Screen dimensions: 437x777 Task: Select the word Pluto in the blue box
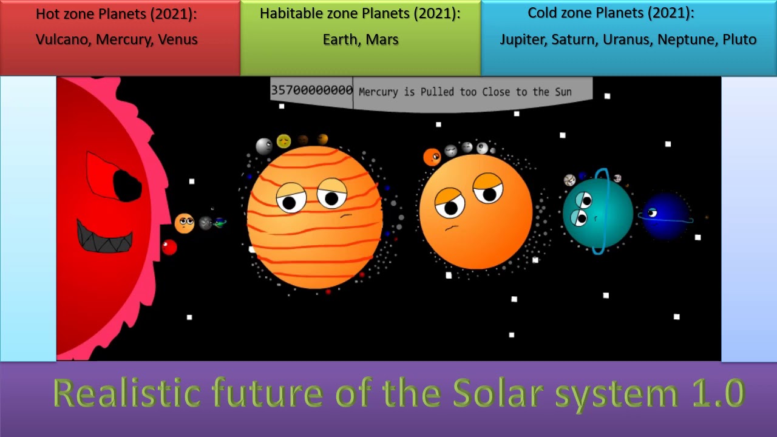tap(739, 40)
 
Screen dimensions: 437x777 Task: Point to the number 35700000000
tap(311, 90)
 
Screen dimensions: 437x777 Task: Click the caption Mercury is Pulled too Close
tap(465, 92)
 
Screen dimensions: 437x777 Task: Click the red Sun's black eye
tap(127, 185)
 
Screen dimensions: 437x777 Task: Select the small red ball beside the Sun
tap(169, 247)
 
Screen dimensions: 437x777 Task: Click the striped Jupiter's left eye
tap(291, 198)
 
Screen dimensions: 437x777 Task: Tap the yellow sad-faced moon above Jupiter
tap(283, 141)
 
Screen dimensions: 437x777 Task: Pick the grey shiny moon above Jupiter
tap(264, 146)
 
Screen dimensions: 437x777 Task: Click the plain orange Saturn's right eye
tap(488, 189)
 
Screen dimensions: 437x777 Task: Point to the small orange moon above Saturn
tap(432, 157)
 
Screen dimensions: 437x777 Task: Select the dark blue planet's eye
tap(652, 212)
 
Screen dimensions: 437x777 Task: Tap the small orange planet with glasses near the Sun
tap(185, 223)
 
